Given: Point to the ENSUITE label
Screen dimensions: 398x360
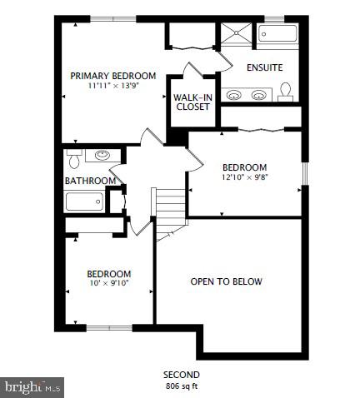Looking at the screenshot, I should point(265,67).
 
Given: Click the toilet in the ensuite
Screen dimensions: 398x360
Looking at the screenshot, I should point(286,90).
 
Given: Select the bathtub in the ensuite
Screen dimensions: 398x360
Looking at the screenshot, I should point(278,35).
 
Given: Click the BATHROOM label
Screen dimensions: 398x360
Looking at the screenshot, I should point(89,181).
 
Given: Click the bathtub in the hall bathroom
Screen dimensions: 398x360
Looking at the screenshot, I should point(85,201).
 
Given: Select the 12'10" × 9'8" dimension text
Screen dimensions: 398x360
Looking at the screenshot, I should point(244,177).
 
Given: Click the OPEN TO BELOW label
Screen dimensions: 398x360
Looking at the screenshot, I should point(226,281).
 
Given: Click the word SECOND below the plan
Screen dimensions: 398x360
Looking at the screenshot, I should point(180,375).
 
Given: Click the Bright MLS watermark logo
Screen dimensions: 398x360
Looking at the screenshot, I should point(32,386).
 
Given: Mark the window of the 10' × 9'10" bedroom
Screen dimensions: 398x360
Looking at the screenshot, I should point(109,327).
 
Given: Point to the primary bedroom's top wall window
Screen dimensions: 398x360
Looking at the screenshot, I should point(113,18).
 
